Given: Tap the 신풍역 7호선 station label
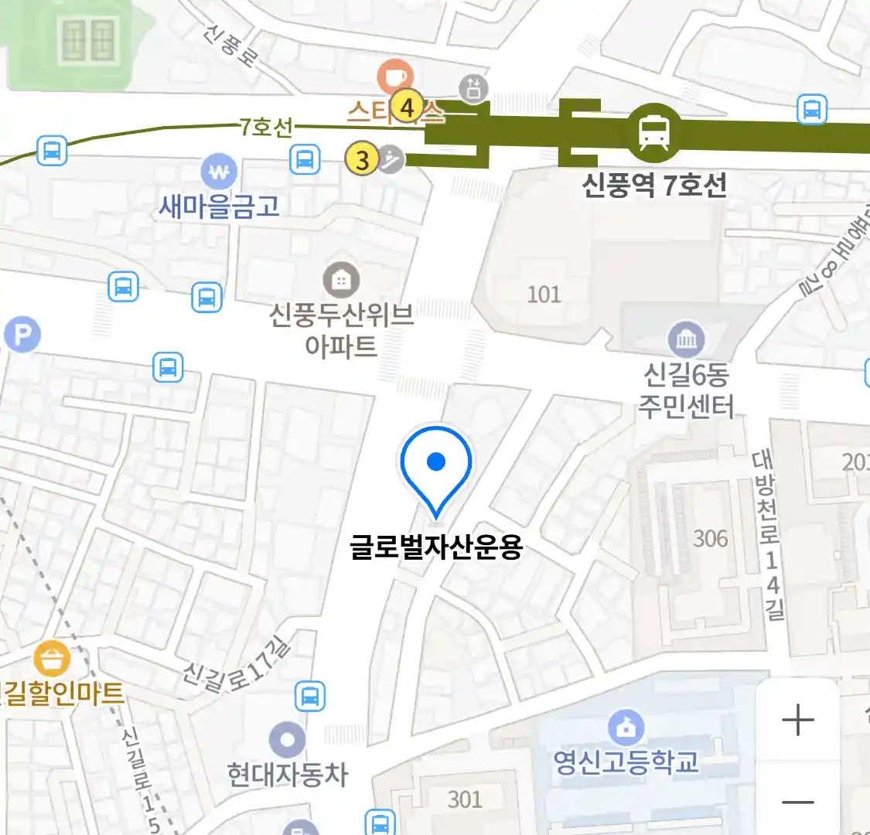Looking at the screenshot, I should tap(654, 186).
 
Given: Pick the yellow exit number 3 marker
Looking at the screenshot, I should tap(362, 160).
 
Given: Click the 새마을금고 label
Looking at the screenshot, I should tap(219, 206).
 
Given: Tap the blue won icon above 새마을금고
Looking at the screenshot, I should tap(219, 172).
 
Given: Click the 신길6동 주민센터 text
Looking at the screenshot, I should tap(686, 390).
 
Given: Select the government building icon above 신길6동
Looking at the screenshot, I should tap(686, 339).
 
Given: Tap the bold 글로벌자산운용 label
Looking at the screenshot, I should tap(436, 547).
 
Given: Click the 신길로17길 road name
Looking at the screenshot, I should tap(237, 666).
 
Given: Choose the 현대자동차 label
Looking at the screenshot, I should tap(288, 774).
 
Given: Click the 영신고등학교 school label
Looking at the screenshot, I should tap(626, 762).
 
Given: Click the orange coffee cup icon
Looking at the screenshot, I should tap(394, 77).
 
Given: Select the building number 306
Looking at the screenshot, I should tap(710, 538).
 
